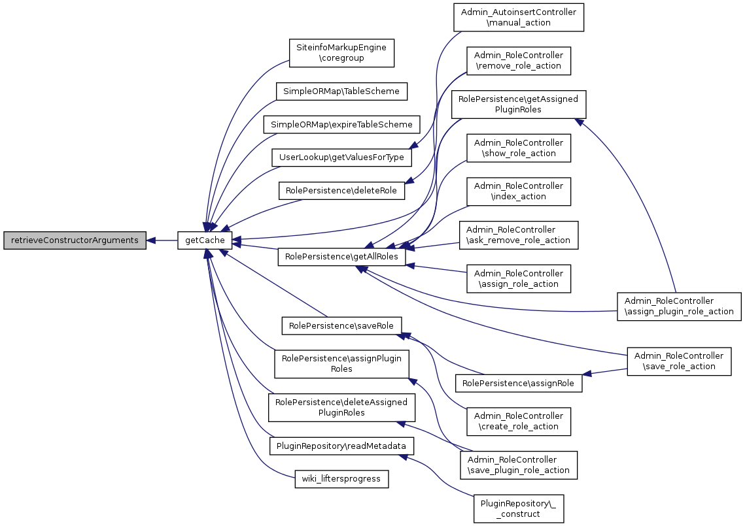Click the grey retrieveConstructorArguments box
pyautogui.click(x=74, y=240)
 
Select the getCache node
pyautogui.click(x=205, y=240)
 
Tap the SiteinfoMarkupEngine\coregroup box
pyautogui.click(x=341, y=53)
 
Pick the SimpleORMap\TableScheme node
pyautogui.click(x=341, y=91)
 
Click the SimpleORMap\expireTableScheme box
pyautogui.click(x=341, y=124)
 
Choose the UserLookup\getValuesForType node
pyautogui.click(x=341, y=157)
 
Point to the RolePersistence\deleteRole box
pyautogui.click(x=341, y=191)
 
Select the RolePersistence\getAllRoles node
pyautogui.click(x=341, y=257)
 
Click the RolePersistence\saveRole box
pyautogui.click(x=341, y=325)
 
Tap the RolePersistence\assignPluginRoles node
pyautogui.click(x=341, y=364)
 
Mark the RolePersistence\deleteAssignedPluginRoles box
pyautogui.click(x=341, y=407)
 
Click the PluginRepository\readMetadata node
pyautogui.click(x=341, y=446)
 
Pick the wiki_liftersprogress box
pyautogui.click(x=341, y=480)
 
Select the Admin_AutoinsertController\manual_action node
pyautogui.click(x=519, y=18)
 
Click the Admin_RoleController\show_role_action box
pyautogui.click(x=519, y=148)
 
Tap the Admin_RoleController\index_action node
pyautogui.click(x=519, y=191)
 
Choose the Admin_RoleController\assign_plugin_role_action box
pyautogui.click(x=679, y=306)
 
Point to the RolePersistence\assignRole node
pyautogui.click(x=519, y=384)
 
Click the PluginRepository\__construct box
pyautogui.click(x=519, y=508)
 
